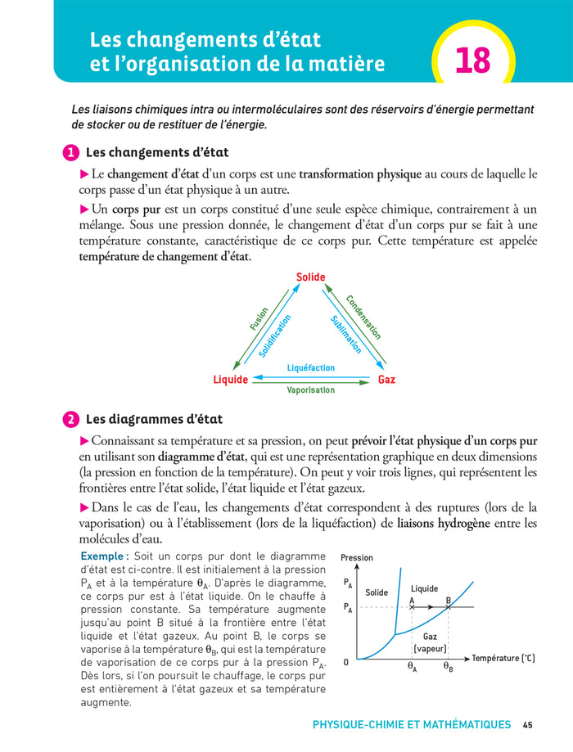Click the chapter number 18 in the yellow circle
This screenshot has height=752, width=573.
tap(472, 60)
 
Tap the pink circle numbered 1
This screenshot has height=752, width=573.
tap(71, 153)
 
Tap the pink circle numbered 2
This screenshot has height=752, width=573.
tap(71, 420)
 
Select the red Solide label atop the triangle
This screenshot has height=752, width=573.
tap(310, 278)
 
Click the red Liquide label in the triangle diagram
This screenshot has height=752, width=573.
tap(230, 380)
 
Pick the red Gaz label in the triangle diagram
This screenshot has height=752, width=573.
tap(386, 380)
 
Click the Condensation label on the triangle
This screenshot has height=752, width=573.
tap(363, 317)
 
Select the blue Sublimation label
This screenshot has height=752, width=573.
tap(346, 335)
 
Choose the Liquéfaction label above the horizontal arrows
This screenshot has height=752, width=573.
tap(310, 368)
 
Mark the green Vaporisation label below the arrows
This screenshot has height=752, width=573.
tap(310, 390)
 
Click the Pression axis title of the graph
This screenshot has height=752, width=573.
tap(356, 558)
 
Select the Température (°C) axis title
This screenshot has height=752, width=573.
tap(503, 658)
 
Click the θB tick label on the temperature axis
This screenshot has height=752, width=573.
tap(448, 667)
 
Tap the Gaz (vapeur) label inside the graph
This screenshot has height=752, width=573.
tap(429, 642)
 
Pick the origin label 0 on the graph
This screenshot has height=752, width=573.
tap(346, 662)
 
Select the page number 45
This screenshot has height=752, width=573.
tap(528, 725)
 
